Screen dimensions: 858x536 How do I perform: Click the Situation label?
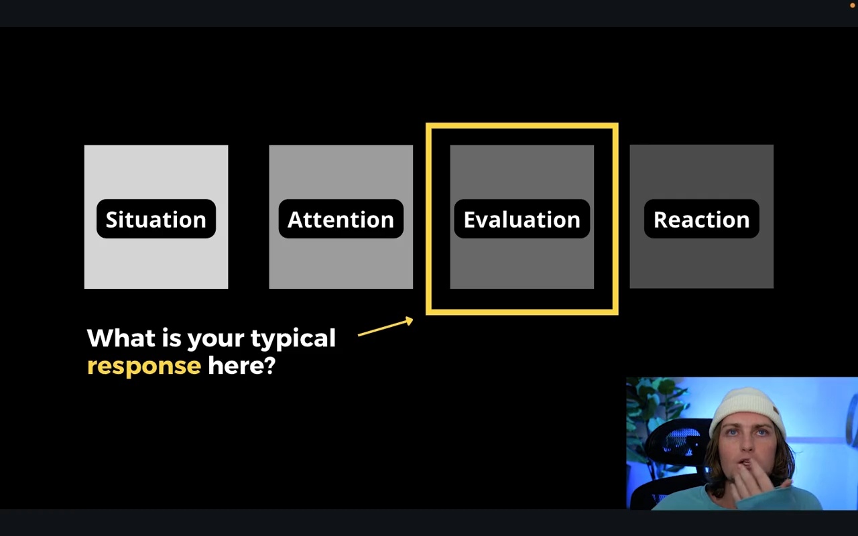156,219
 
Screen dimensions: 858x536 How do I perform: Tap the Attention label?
341,219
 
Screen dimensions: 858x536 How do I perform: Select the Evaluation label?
522,219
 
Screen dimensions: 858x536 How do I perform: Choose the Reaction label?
701,219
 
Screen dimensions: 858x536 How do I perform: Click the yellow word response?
144,366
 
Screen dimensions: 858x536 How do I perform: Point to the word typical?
293,339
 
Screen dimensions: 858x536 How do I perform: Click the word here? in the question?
242,365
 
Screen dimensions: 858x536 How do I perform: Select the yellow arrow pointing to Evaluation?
385,326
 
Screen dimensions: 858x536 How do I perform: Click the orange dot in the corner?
852,5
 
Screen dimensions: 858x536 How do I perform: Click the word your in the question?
216,340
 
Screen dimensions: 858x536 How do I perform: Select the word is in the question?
171,337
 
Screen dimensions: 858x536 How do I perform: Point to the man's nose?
747,444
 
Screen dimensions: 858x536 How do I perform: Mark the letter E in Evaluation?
470,220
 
